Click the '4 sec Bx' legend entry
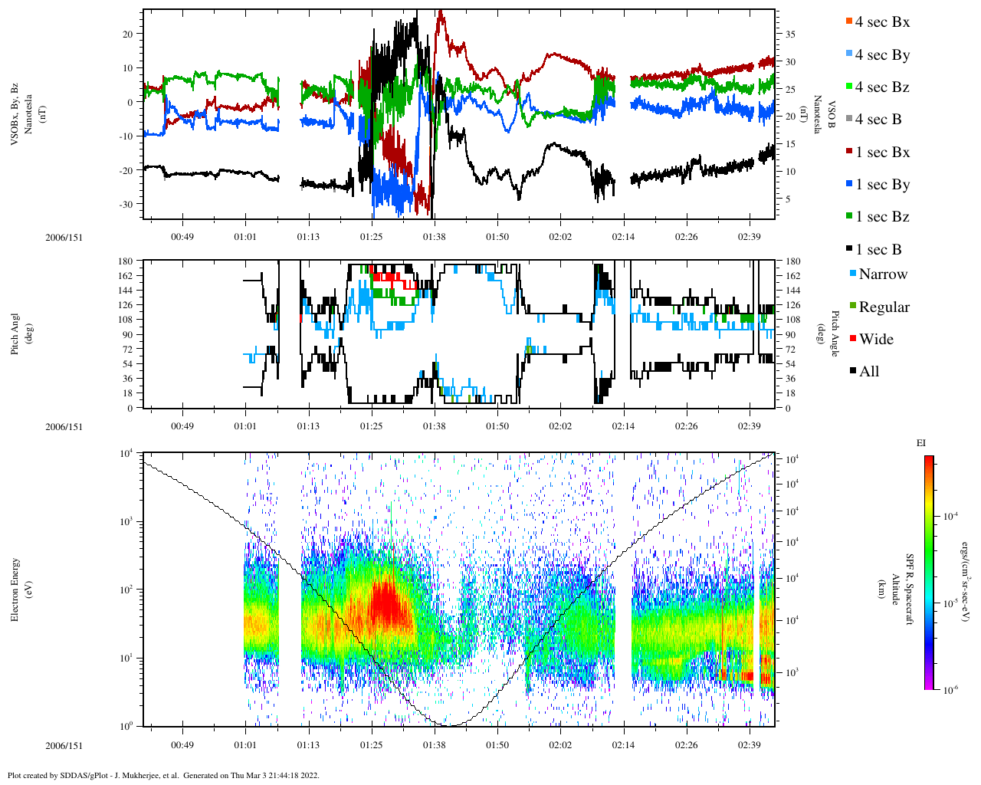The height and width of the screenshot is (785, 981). point(881,22)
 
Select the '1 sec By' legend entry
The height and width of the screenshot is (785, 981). point(881,185)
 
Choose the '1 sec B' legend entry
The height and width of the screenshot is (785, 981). point(878,250)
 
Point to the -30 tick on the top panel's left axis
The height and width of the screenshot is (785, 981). point(125,204)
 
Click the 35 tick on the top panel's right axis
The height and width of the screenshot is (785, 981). point(789,34)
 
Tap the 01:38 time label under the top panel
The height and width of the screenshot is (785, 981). point(435,237)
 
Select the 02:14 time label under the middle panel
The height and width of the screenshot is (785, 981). point(623,426)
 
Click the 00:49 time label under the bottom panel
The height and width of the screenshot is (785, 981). point(182,745)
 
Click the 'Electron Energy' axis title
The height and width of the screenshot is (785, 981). point(15,589)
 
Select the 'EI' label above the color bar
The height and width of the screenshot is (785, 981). point(921,443)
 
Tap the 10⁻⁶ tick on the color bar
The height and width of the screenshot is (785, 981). point(949,690)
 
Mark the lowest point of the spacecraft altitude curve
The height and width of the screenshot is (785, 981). point(450,725)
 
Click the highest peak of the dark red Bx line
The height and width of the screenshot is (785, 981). point(440,13)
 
